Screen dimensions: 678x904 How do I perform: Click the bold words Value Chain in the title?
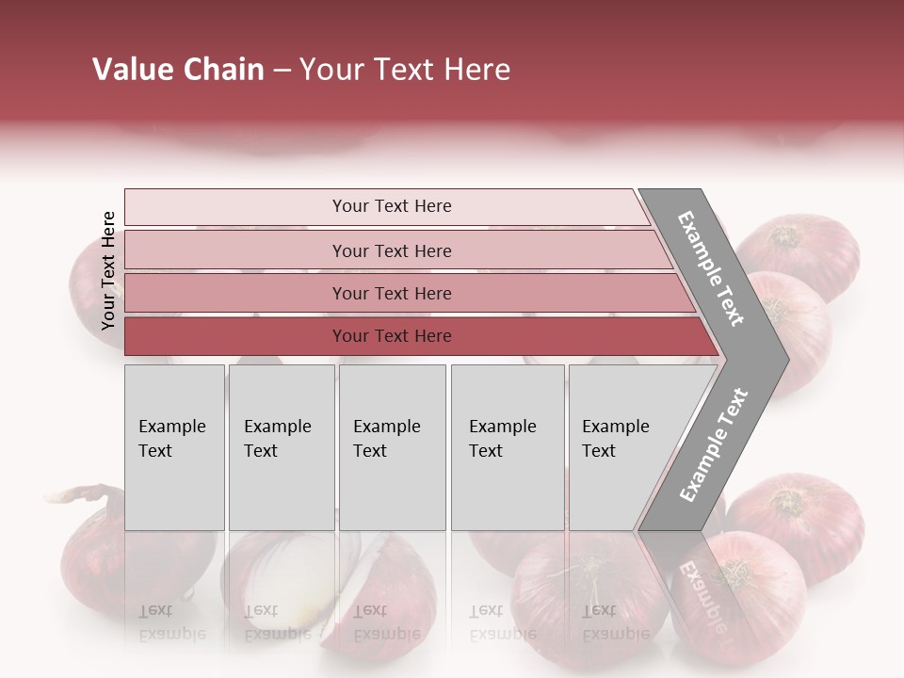click(x=178, y=70)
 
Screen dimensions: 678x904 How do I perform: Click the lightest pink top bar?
click(x=391, y=206)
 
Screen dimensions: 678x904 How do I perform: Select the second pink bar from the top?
click(x=391, y=250)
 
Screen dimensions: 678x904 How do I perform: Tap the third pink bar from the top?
click(x=391, y=293)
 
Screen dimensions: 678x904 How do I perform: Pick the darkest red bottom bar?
click(x=391, y=336)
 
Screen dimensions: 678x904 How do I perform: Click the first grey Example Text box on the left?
click(x=174, y=447)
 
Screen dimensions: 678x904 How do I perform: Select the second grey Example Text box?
click(x=281, y=447)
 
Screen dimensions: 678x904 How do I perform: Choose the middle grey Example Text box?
click(x=392, y=447)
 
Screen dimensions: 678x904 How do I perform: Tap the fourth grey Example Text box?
click(x=508, y=447)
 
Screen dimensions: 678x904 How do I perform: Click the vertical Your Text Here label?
click(x=108, y=270)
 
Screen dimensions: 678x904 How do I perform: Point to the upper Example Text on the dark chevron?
click(x=712, y=267)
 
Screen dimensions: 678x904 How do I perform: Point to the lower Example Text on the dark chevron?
click(x=715, y=444)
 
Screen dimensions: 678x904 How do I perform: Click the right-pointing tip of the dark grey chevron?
click(x=783, y=359)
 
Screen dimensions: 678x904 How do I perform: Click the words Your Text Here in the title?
click(x=404, y=70)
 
